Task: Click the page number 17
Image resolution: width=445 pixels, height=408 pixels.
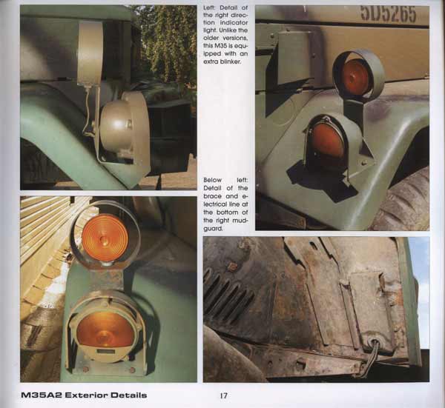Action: point(224,395)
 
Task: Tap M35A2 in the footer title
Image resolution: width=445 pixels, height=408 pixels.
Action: point(42,395)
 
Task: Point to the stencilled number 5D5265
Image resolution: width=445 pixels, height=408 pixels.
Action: point(388,13)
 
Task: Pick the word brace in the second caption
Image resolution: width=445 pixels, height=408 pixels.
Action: point(212,196)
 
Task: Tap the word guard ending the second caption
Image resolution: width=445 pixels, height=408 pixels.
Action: point(212,229)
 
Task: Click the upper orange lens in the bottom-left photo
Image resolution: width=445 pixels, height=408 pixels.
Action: point(105,238)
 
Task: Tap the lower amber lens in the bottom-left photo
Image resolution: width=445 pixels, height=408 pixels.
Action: point(105,330)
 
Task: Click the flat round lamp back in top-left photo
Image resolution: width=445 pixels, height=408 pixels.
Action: point(90,54)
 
